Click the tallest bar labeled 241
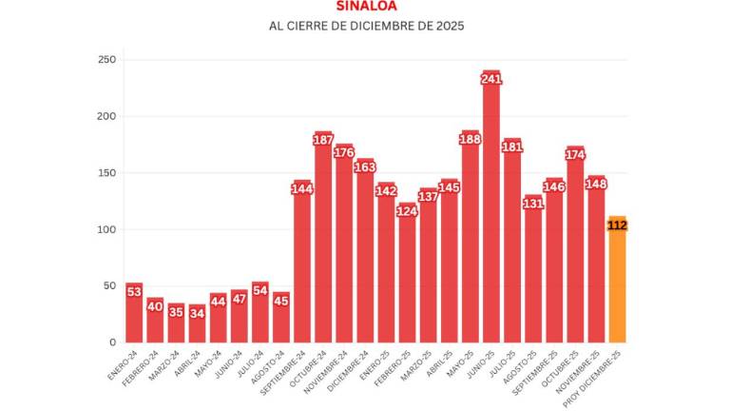coord(490,209)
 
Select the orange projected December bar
coord(617,285)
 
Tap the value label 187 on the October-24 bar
coord(323,141)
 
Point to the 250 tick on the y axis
coord(107,60)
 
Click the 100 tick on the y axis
coord(107,229)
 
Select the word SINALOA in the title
coord(366,6)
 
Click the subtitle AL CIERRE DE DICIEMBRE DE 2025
coord(366,26)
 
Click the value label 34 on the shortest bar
coord(197,312)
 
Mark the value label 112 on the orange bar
coord(617,225)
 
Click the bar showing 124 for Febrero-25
coord(407,276)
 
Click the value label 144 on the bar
coord(302,189)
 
